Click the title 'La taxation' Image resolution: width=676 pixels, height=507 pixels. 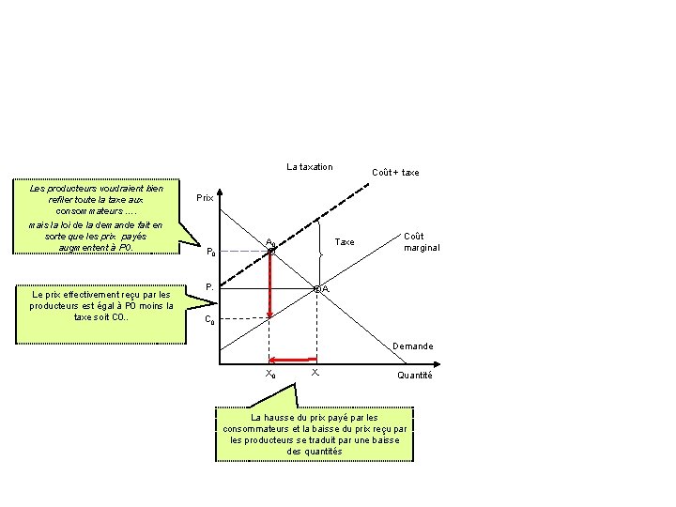coord(309,167)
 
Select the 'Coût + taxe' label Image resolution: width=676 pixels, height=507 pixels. coord(395,173)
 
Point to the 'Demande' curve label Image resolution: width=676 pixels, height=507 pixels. coord(413,346)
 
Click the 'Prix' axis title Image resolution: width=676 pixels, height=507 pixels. coord(205,199)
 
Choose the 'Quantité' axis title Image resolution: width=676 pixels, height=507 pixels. coord(414,376)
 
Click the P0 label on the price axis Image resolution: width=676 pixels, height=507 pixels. coord(210,252)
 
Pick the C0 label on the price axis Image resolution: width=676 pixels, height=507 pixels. coord(210,319)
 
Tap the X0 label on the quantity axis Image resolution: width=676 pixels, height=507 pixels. coord(270,375)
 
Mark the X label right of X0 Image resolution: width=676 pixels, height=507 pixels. coord(315,374)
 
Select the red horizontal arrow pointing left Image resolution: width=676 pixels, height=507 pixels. coord(291,359)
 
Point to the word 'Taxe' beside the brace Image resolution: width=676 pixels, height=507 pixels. coord(346,242)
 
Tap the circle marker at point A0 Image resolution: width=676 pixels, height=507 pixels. coord(270,251)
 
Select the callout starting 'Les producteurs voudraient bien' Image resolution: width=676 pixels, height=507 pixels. coord(96,216)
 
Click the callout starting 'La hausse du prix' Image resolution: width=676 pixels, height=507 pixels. coord(315,434)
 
